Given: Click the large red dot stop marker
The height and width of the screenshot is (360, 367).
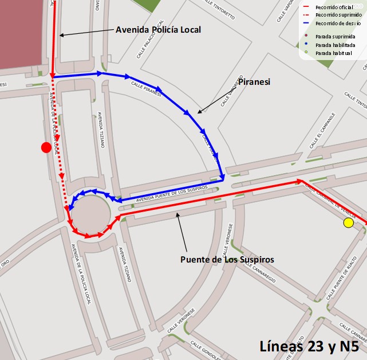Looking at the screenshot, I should tap(46, 147).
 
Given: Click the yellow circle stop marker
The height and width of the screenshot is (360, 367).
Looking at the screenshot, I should tap(348, 223).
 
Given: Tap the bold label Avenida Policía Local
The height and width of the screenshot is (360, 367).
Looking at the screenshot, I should tap(159, 30).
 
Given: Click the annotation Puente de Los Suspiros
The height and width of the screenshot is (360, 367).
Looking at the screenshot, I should tap(227, 259).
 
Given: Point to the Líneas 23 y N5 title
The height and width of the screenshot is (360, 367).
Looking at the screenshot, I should tap(309, 346).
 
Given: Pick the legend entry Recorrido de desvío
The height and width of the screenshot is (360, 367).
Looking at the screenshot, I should tap(337, 24).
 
